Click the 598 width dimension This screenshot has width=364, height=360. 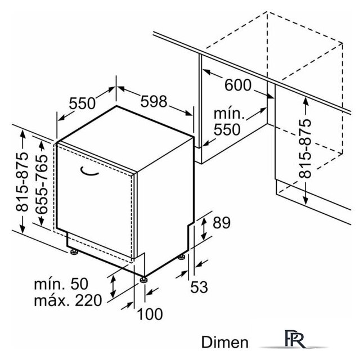154,101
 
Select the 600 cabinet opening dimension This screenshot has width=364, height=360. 238,85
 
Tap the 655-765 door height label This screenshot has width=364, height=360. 42,184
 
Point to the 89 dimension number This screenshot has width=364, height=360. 222,223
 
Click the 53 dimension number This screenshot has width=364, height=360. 199,287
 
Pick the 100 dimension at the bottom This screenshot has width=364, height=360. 150,314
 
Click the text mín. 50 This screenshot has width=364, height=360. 61,283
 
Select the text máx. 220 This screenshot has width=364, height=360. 68,300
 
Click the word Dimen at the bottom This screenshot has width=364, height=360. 224,343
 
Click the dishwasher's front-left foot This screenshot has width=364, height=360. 74,252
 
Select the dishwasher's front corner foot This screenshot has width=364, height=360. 143,280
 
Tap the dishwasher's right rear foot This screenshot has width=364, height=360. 181,258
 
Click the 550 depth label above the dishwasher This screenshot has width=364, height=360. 82,103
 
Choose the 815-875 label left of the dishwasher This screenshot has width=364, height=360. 22,182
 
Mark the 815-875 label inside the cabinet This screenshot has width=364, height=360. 305,148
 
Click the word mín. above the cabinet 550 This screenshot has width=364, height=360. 229,114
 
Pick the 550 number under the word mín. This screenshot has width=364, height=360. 227,129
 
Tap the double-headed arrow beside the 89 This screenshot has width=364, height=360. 204,228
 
